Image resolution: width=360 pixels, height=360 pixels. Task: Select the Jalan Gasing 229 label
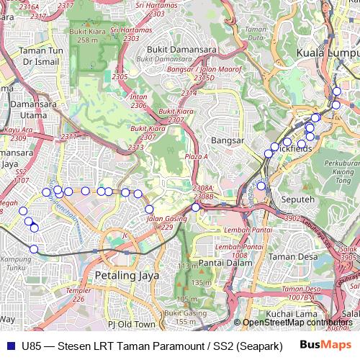pos(162,222)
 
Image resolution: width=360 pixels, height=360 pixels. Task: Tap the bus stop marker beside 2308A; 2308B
pos(195,207)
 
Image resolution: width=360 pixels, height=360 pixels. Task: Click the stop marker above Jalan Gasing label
pos(149,210)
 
